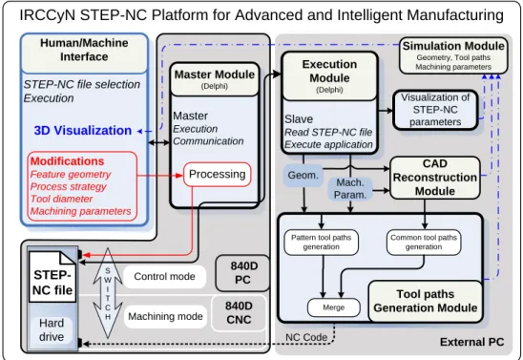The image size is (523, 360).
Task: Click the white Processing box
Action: pos(218,174)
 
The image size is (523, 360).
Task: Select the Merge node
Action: pos(333,307)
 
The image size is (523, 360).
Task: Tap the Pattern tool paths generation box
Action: pos(322,243)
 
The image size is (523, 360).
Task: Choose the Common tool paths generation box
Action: pos(424,243)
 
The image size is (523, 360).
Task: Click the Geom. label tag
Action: pos(303,175)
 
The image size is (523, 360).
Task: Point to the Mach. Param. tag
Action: pos(350,189)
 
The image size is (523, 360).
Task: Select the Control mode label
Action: pos(164,277)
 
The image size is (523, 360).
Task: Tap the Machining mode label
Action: pos(165,316)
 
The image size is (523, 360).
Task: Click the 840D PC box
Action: pos(242,273)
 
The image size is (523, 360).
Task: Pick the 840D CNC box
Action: pos(239,313)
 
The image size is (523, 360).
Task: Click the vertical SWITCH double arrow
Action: pos(108,293)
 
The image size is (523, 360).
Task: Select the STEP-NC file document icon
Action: pos(52,277)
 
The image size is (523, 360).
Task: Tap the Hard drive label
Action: pos(52,330)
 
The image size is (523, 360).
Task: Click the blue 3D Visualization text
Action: pos(83,131)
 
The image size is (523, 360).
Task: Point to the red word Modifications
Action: pos(68,161)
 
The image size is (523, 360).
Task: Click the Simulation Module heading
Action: pos(453,46)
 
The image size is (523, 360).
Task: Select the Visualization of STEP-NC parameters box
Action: pos(435,110)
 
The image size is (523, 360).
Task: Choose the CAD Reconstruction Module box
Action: pos(435,178)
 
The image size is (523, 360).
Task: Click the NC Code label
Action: pos(306,337)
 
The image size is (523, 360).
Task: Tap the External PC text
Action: pos(471,342)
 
